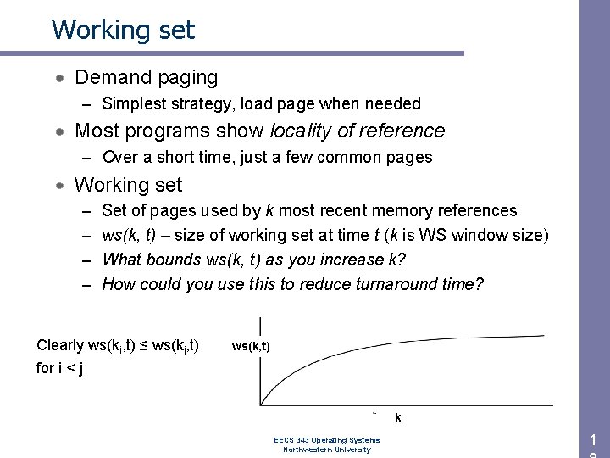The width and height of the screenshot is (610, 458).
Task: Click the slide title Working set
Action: (123, 30)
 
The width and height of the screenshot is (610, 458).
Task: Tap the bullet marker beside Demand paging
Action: (62, 78)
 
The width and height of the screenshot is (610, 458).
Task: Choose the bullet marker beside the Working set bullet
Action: (62, 184)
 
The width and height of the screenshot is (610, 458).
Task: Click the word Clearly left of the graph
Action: (60, 345)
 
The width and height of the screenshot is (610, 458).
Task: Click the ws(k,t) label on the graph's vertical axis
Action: (251, 346)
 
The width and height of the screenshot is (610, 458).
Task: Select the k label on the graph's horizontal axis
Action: (397, 418)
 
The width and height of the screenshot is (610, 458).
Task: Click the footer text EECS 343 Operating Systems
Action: (326, 440)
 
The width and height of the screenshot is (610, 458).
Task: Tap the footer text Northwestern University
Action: (326, 450)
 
